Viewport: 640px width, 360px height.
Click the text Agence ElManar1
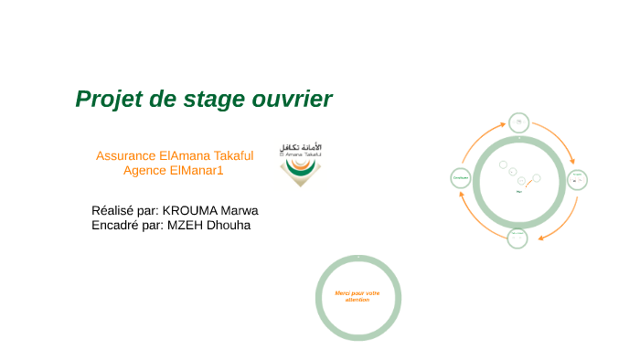173,170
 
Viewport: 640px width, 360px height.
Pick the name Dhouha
232,224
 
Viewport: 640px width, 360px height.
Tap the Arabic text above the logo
301,147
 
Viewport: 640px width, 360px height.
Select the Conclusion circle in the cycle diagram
461,178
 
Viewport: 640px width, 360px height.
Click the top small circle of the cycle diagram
518,122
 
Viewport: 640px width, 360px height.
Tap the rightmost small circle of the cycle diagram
577,180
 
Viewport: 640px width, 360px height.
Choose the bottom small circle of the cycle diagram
517,238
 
